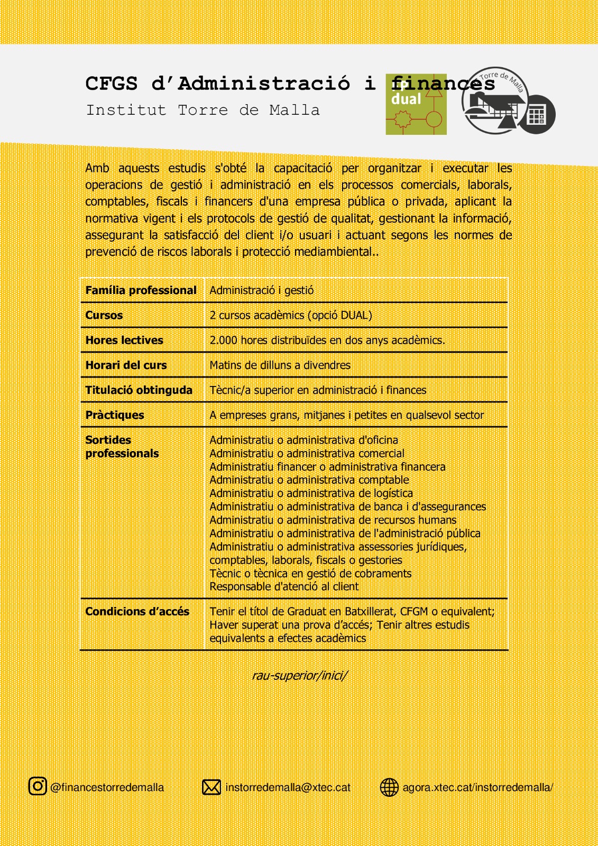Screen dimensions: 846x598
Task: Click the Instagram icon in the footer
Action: tap(38, 786)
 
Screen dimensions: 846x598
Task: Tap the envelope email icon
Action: tap(211, 787)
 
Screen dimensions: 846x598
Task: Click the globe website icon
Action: tap(389, 787)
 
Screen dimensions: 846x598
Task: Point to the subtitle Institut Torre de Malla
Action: tap(203, 111)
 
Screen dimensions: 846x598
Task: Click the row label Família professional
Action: tap(141, 290)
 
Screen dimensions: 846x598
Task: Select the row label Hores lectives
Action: tap(124, 340)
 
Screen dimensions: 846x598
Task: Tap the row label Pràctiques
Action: tap(115, 415)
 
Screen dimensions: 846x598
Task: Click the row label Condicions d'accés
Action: tap(137, 611)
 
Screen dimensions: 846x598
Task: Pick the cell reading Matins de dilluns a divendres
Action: tap(280, 365)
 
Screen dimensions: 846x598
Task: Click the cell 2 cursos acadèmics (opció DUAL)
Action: tap(291, 315)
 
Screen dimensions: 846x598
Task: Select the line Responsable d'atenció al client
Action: tap(284, 586)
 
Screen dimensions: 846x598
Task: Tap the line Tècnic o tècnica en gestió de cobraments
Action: tap(310, 573)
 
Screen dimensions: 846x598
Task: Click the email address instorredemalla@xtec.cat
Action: tap(288, 787)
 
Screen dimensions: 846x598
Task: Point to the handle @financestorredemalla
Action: tap(107, 787)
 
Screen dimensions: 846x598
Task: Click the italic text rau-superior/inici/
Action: tap(300, 675)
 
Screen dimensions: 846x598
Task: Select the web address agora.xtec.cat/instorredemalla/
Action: tap(477, 787)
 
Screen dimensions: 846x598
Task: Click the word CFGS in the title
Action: tap(112, 84)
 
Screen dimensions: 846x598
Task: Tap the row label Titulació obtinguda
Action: tap(139, 390)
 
